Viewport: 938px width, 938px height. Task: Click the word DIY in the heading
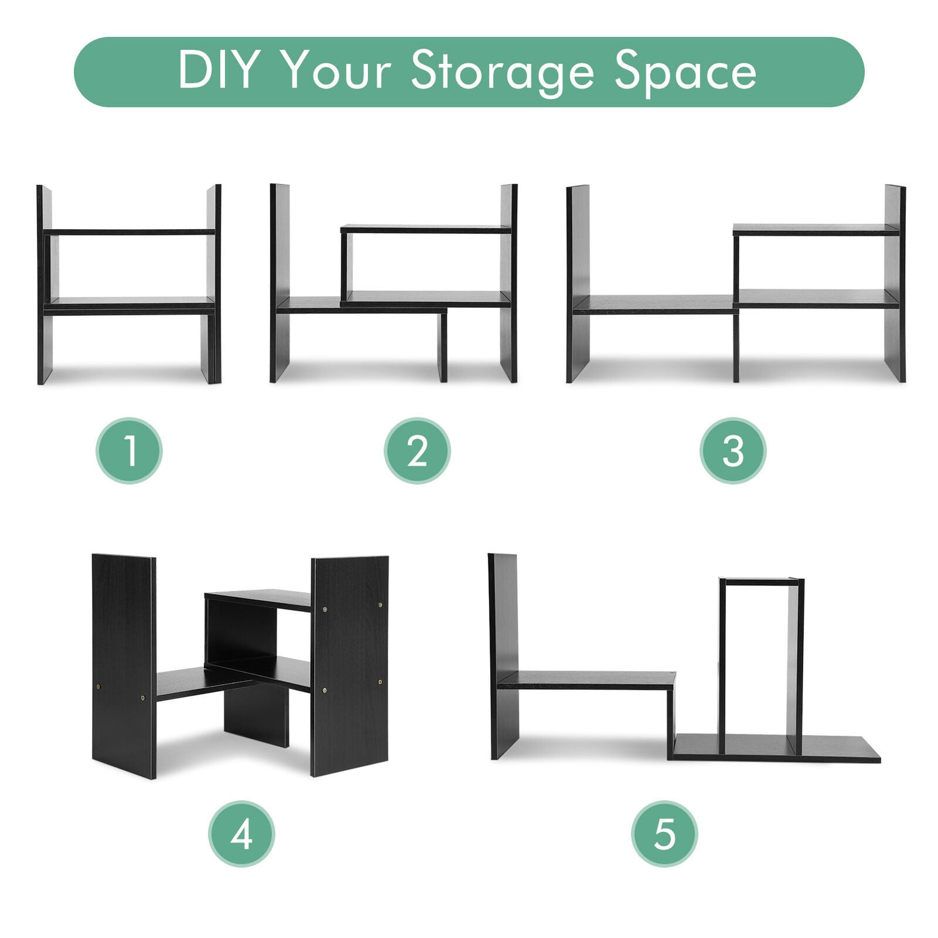coord(219,70)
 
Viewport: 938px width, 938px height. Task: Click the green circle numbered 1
coord(129,450)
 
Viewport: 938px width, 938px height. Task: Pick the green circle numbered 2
coord(417,450)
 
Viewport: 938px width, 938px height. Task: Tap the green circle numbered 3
coord(733,450)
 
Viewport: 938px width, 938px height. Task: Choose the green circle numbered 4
coord(242,834)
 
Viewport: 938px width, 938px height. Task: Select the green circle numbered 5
coord(664,834)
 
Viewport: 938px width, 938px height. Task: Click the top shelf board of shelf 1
coord(130,232)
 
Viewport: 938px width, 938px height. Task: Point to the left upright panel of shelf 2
coord(280,283)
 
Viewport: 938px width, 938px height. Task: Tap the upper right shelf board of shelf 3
coord(816,230)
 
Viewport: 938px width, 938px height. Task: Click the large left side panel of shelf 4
coord(124,666)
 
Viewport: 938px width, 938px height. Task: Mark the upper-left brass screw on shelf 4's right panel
coord(325,610)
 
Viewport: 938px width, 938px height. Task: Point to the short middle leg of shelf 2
coord(442,347)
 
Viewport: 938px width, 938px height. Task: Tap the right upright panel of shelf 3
coord(895,283)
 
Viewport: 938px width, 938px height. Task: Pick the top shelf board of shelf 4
coord(258,600)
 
